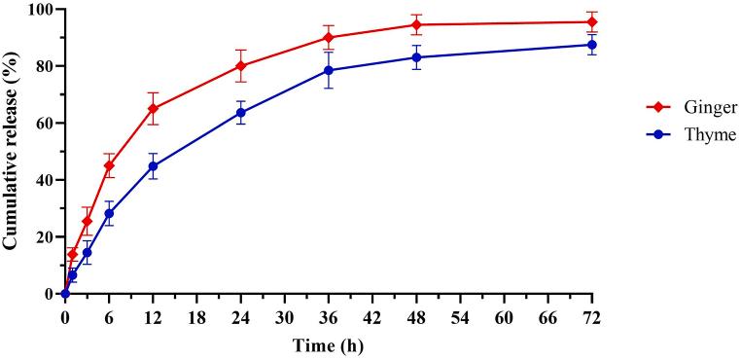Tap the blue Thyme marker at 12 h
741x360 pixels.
pyautogui.click(x=153, y=166)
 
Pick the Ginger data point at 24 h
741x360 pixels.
pyautogui.click(x=241, y=66)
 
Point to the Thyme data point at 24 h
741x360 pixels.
pyautogui.click(x=241, y=113)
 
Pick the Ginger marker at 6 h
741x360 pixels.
pyautogui.click(x=109, y=165)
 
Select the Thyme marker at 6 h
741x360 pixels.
pyautogui.click(x=109, y=213)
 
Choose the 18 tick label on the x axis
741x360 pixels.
pyautogui.click(x=196, y=317)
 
